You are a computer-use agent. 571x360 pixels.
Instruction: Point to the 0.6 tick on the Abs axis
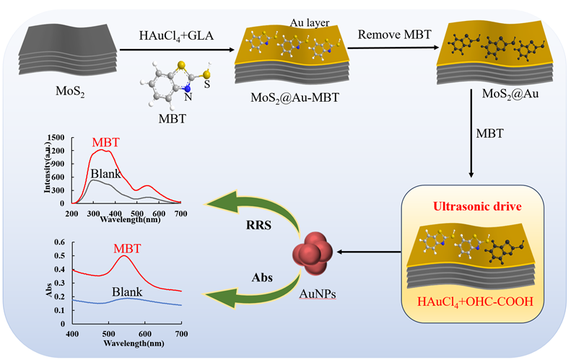click(64, 243)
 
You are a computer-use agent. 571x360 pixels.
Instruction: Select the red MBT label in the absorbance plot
click(126, 248)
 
